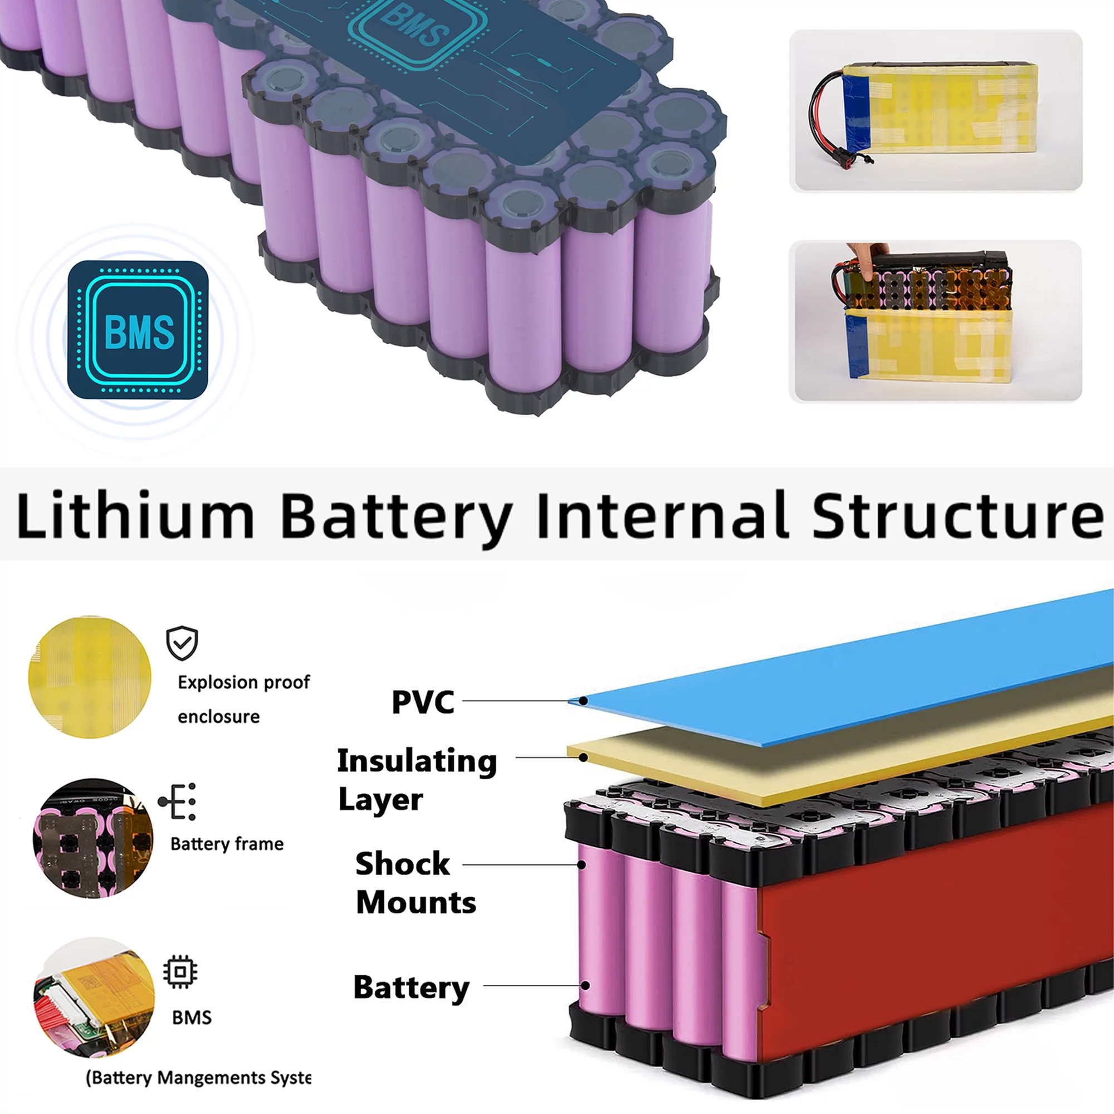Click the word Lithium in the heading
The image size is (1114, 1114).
(x=135, y=515)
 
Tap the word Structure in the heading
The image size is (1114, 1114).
(x=957, y=515)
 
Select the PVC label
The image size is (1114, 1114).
(x=423, y=702)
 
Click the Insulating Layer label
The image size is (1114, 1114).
(x=416, y=779)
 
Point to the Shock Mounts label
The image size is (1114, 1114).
(x=415, y=882)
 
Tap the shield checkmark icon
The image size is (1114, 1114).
(x=182, y=643)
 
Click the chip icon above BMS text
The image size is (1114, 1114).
(x=180, y=971)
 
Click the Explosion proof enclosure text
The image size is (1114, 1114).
(x=243, y=699)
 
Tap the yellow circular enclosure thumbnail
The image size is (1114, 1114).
(x=90, y=677)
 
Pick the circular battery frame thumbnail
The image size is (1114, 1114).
(x=93, y=838)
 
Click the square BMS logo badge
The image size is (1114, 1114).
(x=138, y=330)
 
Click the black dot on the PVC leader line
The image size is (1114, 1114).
(x=584, y=701)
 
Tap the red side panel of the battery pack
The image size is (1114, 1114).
(x=934, y=934)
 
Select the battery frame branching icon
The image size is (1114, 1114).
(x=178, y=802)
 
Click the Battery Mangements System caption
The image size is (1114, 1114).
(x=198, y=1077)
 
